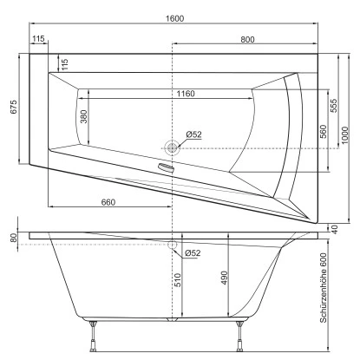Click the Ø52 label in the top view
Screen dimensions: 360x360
pyautogui.click(x=193, y=134)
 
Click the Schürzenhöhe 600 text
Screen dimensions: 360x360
pyautogui.click(x=324, y=286)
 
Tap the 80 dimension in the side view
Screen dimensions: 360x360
pyautogui.click(x=12, y=237)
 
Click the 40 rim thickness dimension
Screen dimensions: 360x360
pyautogui.click(x=334, y=228)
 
